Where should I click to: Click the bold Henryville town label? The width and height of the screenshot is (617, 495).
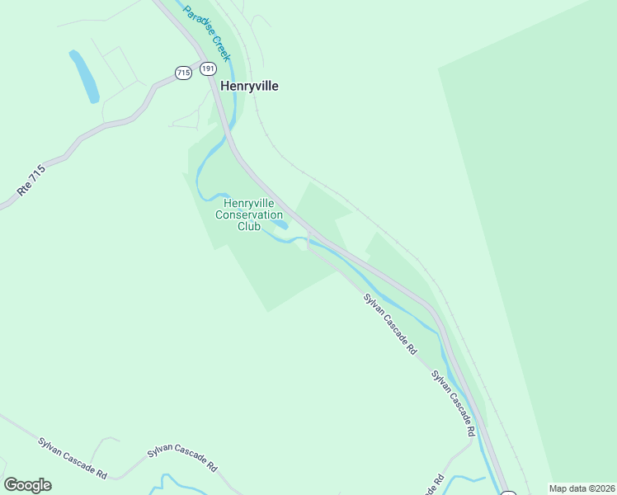pos(248,86)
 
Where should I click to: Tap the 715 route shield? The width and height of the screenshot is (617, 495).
pos(183,73)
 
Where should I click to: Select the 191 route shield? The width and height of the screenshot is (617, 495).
pos(208,68)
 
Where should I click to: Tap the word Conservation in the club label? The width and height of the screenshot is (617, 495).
pos(249,214)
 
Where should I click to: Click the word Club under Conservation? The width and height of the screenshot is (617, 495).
pos(249,226)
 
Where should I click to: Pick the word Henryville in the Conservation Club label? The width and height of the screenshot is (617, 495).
pos(249,203)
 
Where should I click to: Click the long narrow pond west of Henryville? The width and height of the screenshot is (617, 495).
pos(83,76)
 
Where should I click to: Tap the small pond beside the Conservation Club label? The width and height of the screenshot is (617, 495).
pos(280,224)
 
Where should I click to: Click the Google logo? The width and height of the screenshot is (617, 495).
pos(27,485)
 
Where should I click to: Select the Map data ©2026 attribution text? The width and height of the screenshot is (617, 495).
pos(582,488)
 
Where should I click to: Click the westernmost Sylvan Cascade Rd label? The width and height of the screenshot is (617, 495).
pos(73,458)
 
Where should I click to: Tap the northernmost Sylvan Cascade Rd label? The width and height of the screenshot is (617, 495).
pos(390,323)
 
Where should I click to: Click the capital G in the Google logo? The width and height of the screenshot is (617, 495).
pos(11,485)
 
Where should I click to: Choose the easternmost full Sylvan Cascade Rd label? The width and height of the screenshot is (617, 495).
pos(454,403)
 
